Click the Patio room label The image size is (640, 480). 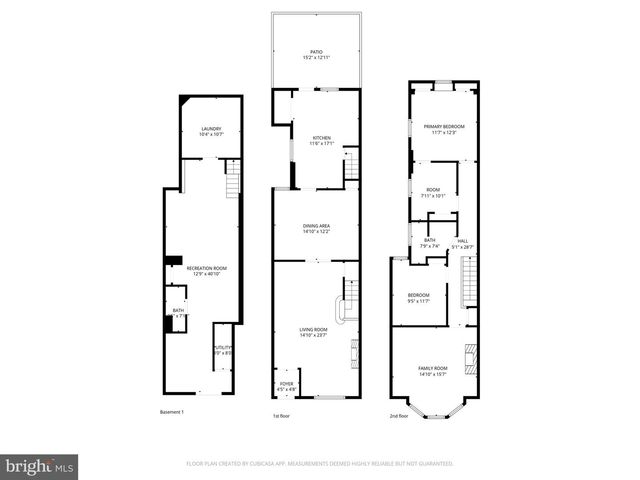tap(316, 54)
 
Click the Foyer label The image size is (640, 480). tap(286, 384)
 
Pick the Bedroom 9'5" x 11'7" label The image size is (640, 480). tap(417, 297)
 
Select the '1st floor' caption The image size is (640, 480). tap(283, 415)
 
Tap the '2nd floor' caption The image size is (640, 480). tap(399, 415)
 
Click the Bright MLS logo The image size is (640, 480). tap(40, 466)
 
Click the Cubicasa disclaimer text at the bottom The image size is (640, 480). tap(320, 464)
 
